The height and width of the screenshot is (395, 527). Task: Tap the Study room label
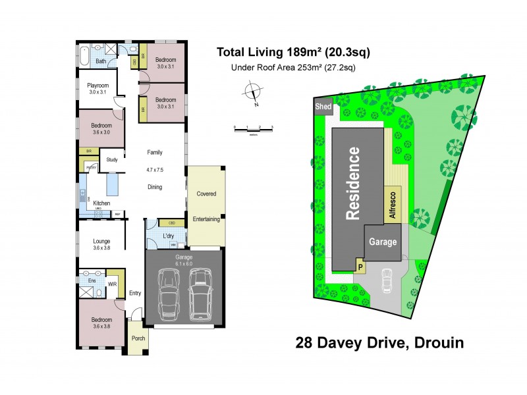111,159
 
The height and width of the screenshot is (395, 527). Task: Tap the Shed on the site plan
323,107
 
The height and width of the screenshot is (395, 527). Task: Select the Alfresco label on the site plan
392,204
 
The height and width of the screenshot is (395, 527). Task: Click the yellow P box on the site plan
360,267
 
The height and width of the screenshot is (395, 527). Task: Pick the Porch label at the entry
138,338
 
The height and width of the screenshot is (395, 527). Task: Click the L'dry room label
168,236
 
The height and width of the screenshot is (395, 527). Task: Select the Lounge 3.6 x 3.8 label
101,245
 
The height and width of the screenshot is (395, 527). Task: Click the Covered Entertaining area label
206,206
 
